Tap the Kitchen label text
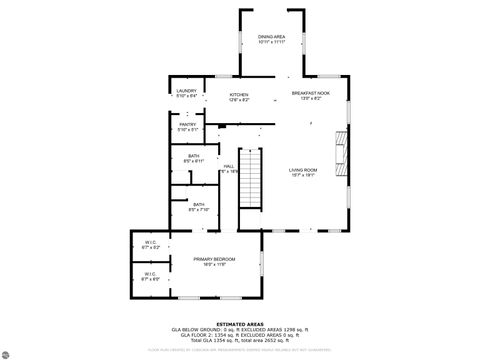click(239, 95)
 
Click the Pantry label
click(187, 125)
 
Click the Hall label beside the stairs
click(229, 166)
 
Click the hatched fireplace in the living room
click(344, 151)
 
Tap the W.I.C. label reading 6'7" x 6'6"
click(149, 276)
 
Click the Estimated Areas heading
click(241, 322)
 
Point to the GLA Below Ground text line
click(241, 328)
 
